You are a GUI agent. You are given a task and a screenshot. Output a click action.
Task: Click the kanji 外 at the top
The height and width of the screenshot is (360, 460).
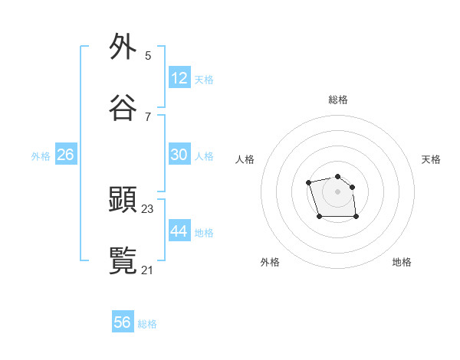pyautogui.click(x=123, y=47)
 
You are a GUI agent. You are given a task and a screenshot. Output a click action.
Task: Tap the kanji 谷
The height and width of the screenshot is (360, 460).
pyautogui.click(x=123, y=108)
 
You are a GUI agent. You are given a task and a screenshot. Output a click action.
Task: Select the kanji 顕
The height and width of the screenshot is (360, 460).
pyautogui.click(x=123, y=200)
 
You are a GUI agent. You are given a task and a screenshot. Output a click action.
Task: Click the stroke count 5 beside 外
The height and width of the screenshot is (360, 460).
pyautogui.click(x=148, y=55)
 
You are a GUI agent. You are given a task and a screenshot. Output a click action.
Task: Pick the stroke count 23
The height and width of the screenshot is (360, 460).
pyautogui.click(x=148, y=208)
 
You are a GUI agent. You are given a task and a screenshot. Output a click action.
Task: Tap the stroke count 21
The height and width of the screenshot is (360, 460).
pyautogui.click(x=148, y=270)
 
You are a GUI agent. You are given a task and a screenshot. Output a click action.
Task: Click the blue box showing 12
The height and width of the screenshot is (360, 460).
pyautogui.click(x=179, y=78)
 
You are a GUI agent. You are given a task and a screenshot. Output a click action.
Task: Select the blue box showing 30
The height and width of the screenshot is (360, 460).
pyautogui.click(x=179, y=155)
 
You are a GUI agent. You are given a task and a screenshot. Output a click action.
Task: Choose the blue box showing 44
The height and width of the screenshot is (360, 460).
pyautogui.click(x=179, y=231)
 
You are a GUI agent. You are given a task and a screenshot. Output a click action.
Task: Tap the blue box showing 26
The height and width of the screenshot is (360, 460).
pyautogui.click(x=65, y=155)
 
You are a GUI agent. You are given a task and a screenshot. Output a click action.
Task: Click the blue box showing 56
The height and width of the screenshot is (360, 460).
pyautogui.click(x=123, y=322)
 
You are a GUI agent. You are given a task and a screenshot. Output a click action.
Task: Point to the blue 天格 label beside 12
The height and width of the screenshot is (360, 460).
pyautogui.click(x=204, y=80)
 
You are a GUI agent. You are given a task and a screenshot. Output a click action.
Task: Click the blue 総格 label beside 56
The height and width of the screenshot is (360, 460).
pyautogui.click(x=147, y=324)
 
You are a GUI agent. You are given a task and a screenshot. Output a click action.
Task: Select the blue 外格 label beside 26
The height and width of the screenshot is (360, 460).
pyautogui.click(x=41, y=156)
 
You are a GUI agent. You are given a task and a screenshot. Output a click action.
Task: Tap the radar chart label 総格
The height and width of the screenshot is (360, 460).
pyautogui.click(x=338, y=100)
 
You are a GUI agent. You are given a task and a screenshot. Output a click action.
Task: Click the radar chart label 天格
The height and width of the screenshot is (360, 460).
pyautogui.click(x=431, y=159)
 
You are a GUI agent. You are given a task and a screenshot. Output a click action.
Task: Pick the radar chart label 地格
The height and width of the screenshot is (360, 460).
pyautogui.click(x=402, y=262)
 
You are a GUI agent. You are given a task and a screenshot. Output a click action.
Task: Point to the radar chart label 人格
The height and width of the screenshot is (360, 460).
pyautogui.click(x=245, y=159)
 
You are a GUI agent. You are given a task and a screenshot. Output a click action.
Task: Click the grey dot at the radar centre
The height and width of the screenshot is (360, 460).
pyautogui.click(x=337, y=191)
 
